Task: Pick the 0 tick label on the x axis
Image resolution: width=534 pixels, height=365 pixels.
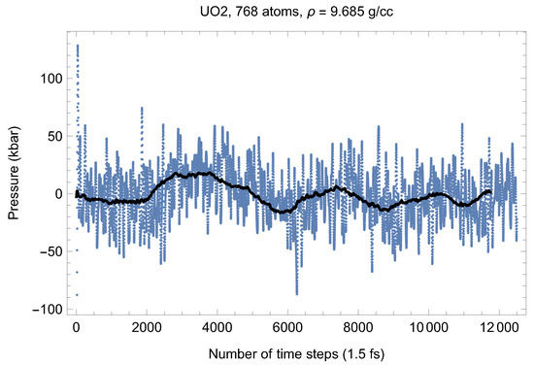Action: [76, 327]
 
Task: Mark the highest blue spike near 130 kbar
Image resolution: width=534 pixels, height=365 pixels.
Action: [78, 46]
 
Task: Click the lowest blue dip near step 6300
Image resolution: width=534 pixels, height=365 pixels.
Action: [297, 292]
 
